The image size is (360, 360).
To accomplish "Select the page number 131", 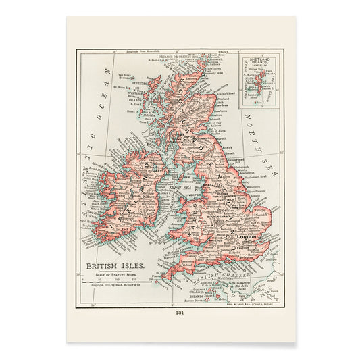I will point(180,313).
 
